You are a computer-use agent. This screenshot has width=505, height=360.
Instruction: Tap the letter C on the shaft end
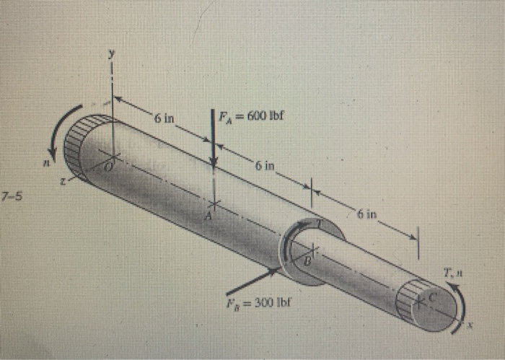tap(433, 296)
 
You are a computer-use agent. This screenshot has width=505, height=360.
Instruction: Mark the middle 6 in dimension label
tap(265, 167)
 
